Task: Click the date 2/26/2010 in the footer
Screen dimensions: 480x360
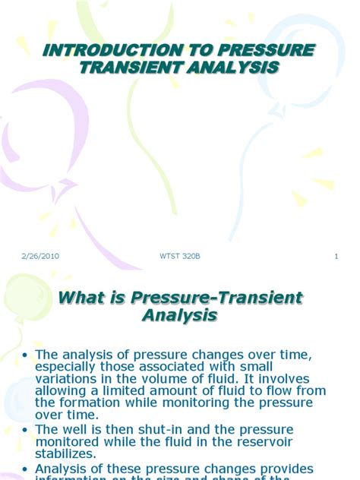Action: click(41, 256)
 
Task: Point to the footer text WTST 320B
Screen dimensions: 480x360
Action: click(182, 256)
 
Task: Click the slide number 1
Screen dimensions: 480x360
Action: click(335, 256)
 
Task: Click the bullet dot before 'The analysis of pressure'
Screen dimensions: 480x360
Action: click(25, 355)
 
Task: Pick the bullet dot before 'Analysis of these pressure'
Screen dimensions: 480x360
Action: click(25, 469)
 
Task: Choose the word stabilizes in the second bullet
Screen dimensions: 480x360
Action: click(71, 455)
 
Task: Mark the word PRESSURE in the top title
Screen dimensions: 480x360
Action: click(250, 50)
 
